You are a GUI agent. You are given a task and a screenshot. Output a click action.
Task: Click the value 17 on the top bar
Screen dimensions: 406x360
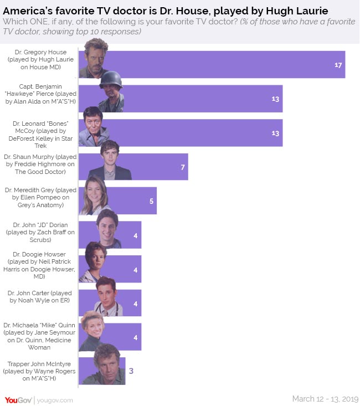coord(338,65)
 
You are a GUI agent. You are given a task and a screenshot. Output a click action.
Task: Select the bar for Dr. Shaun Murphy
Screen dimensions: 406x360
coord(155,167)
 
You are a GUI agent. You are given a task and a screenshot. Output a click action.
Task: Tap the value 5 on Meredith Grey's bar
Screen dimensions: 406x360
coord(151,201)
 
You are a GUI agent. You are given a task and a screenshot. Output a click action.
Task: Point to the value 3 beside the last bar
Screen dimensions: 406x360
coord(131,371)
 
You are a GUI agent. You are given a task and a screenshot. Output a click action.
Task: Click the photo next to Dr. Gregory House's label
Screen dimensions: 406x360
coord(94,60)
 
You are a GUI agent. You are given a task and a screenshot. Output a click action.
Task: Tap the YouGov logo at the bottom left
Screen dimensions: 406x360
coord(18,399)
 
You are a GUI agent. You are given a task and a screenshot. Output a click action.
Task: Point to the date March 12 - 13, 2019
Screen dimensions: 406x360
coord(325,399)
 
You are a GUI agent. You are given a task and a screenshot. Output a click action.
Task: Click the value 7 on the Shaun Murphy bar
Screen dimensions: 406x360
coord(182,167)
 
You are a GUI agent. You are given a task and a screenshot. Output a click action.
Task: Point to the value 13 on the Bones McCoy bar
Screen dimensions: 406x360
coord(275,133)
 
